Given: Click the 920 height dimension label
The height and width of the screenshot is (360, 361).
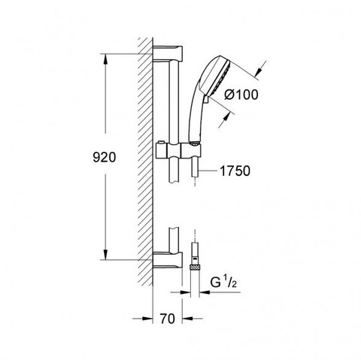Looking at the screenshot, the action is pyautogui.click(x=105, y=157).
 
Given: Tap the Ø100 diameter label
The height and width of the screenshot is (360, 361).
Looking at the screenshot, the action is pyautogui.click(x=241, y=95).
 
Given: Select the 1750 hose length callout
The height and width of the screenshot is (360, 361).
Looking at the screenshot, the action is pyautogui.click(x=235, y=171).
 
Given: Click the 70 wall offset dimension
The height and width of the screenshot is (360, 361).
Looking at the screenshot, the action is pyautogui.click(x=168, y=319).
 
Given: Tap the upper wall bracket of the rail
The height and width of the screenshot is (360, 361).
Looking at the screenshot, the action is pyautogui.click(x=168, y=53).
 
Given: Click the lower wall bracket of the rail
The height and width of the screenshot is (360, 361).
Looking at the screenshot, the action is pyautogui.click(x=168, y=260).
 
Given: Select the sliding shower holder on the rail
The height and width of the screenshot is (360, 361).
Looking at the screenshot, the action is pyautogui.click(x=178, y=150).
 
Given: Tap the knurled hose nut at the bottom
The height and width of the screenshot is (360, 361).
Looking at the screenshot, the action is pyautogui.click(x=195, y=267).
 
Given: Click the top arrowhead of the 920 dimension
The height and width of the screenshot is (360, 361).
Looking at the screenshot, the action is pyautogui.click(x=105, y=59).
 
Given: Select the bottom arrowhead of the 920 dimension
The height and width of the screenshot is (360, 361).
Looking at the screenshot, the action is pyautogui.click(x=105, y=254).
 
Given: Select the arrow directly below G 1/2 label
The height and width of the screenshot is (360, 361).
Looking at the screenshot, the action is pyautogui.click(x=205, y=292).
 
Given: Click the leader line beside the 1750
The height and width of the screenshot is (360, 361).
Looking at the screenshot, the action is pyautogui.click(x=208, y=171).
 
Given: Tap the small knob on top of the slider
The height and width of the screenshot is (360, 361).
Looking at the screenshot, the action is pyautogui.click(x=160, y=143).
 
